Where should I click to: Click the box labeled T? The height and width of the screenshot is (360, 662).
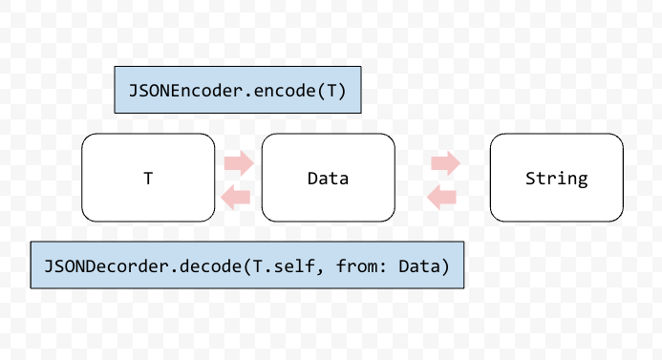[148, 178]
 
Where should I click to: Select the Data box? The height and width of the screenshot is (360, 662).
[328, 178]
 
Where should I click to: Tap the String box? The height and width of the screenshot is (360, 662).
[556, 178]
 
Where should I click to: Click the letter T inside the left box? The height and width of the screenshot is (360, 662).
[148, 179]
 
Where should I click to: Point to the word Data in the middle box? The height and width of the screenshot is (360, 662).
[328, 179]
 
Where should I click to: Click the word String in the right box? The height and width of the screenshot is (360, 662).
[556, 179]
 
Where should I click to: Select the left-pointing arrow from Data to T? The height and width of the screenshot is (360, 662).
[235, 198]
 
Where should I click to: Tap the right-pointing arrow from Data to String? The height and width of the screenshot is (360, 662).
[445, 163]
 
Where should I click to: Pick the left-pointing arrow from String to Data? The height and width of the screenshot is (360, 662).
[440, 198]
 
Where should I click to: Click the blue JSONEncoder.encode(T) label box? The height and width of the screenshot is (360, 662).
[237, 91]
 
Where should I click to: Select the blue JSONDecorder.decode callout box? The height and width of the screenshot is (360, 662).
[247, 265]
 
